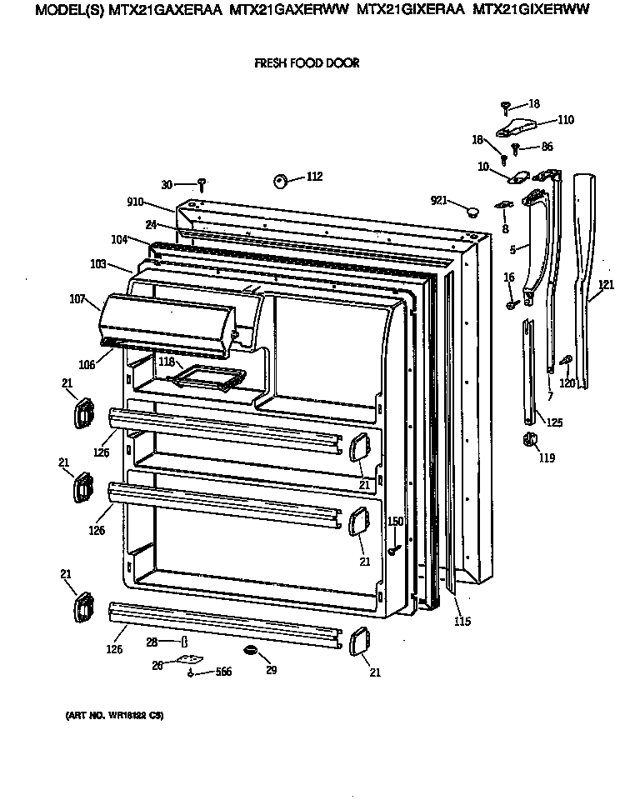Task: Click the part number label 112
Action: (x=314, y=177)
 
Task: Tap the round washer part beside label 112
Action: (x=280, y=180)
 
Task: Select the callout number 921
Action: (x=438, y=200)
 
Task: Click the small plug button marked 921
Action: (x=472, y=211)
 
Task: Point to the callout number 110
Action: (x=565, y=120)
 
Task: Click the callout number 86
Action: (x=547, y=147)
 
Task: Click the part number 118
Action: (x=166, y=362)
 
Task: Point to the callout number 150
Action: (x=395, y=522)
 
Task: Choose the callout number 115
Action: (x=462, y=622)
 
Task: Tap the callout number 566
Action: (x=223, y=672)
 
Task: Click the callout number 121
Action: (x=606, y=286)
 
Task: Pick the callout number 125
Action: (x=554, y=422)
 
